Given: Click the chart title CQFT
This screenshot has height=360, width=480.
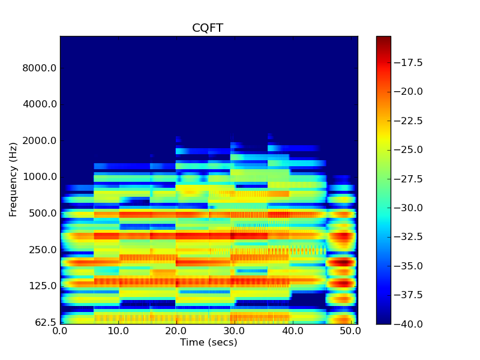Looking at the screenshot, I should (x=208, y=28).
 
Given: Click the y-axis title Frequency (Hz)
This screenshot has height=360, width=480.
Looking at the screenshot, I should (x=13, y=179).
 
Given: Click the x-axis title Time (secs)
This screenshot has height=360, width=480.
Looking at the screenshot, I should (x=208, y=343).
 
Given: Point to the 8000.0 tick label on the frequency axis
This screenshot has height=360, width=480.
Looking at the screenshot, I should (x=39, y=68).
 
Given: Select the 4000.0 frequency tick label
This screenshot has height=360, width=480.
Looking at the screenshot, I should (x=39, y=104).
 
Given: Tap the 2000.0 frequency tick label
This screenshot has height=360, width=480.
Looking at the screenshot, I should (x=39, y=141).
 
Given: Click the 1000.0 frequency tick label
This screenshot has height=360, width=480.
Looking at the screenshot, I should (x=39, y=177).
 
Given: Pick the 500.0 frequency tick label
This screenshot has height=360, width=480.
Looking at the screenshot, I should (x=41, y=214).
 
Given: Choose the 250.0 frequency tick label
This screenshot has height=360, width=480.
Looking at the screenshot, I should (x=41, y=250).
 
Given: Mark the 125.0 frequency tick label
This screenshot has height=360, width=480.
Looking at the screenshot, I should (x=41, y=286).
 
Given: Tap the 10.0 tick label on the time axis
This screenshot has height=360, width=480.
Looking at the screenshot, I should (x=118, y=331).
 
